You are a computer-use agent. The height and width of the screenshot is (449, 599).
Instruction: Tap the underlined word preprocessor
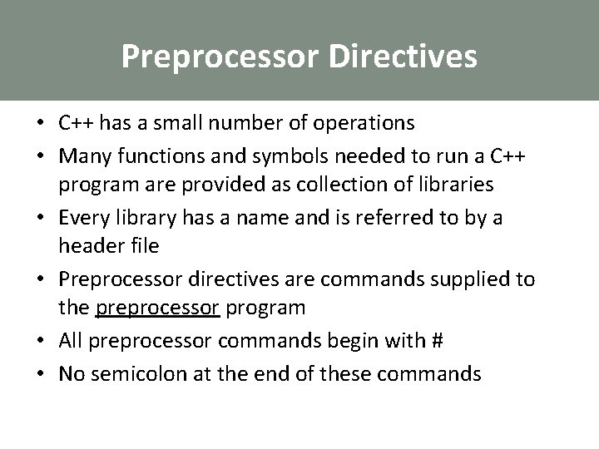157,308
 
